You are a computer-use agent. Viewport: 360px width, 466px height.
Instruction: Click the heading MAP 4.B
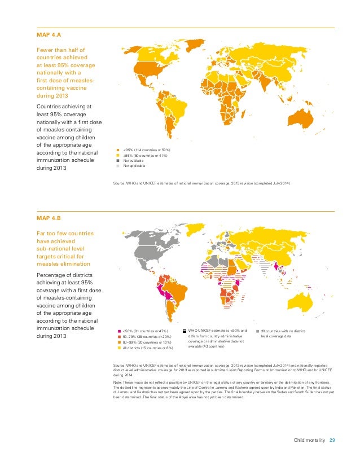[x=48, y=218]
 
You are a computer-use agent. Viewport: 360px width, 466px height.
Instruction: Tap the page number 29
[x=332, y=441]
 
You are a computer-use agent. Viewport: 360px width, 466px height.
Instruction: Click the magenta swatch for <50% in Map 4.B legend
[x=118, y=331]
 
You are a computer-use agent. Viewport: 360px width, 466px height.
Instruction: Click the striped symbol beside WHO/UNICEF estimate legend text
[x=185, y=331]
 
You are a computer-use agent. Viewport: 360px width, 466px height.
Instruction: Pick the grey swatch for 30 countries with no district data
[x=257, y=331]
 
